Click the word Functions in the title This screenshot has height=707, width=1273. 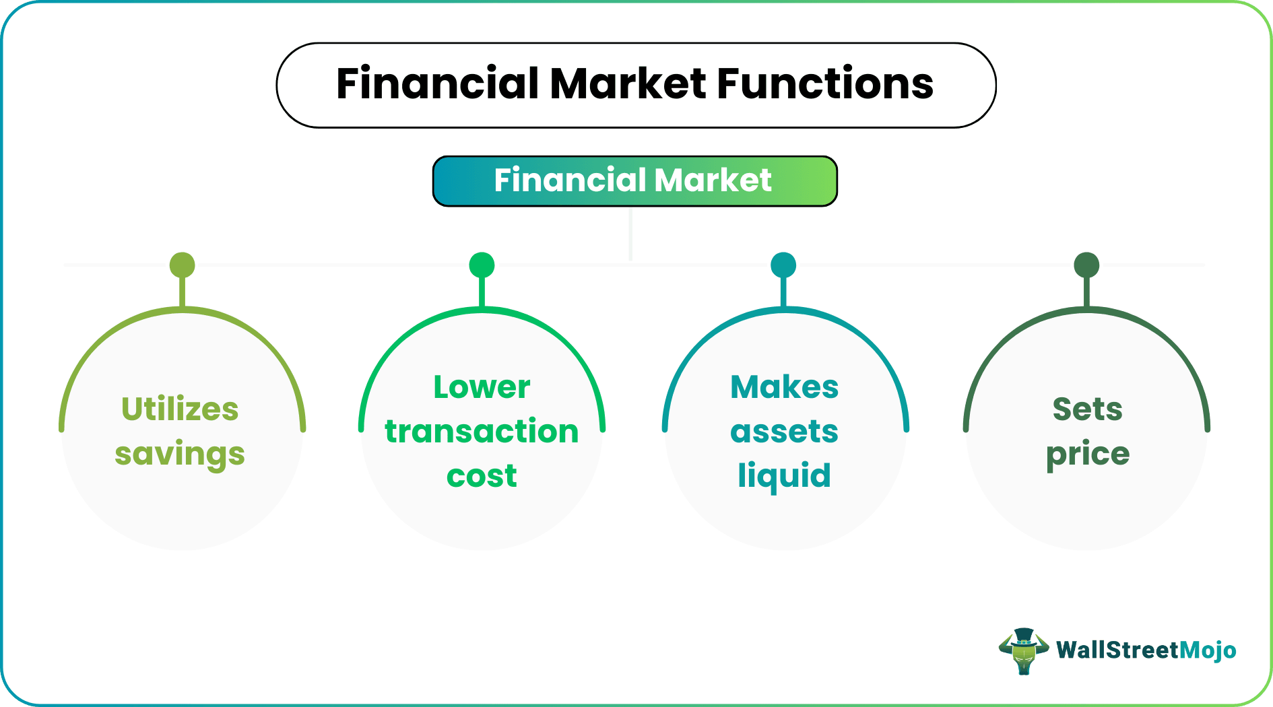click(824, 84)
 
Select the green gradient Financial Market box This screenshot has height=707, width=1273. click(634, 180)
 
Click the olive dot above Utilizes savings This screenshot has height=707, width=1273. click(183, 265)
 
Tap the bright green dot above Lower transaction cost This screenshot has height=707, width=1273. click(482, 265)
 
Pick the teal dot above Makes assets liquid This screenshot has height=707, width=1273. click(783, 265)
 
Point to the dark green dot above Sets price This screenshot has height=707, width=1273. click(1086, 265)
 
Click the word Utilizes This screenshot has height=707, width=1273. click(180, 409)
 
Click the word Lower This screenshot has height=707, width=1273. click(482, 387)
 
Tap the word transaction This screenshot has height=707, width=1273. click(482, 432)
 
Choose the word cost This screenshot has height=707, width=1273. click(482, 476)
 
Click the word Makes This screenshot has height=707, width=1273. click(784, 387)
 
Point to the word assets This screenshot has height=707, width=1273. click(784, 432)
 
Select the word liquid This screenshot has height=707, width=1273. click(784, 476)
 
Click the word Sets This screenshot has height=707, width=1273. click(1087, 409)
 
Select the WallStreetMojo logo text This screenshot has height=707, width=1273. click(1146, 650)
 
